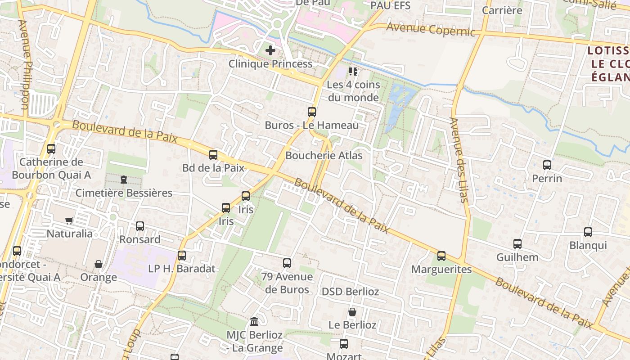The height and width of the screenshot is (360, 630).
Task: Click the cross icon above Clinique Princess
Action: coord(270,50)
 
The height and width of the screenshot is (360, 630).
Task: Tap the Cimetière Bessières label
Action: coord(124,193)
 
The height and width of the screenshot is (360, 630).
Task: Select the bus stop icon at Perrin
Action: coord(547,165)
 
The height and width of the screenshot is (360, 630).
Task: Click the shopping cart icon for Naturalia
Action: coord(69,220)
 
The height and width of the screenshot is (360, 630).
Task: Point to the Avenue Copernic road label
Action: coord(430,29)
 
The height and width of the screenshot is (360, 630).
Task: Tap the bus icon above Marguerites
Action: coord(441,256)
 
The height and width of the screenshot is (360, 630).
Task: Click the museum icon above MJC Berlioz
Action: coord(254,322)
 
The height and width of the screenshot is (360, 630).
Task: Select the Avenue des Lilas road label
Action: coord(459,160)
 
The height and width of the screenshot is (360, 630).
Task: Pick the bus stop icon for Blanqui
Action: coord(588,232)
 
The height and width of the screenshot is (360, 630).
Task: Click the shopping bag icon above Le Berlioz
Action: coord(352,312)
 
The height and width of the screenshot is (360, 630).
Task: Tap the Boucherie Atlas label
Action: coord(324,156)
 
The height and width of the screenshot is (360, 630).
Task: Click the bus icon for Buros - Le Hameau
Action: coord(312,112)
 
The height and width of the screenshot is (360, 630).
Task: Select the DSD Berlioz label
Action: coord(350,292)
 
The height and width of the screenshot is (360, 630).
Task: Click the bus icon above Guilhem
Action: coord(517,244)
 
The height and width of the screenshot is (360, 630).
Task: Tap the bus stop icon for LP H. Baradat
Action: coord(182,256)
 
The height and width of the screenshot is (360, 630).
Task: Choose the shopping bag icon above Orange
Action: coord(99,264)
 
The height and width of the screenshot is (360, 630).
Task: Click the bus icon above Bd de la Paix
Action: coord(213,155)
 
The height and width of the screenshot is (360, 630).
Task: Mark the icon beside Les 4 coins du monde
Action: coord(353,72)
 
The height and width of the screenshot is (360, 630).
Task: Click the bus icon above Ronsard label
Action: coord(140,226)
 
